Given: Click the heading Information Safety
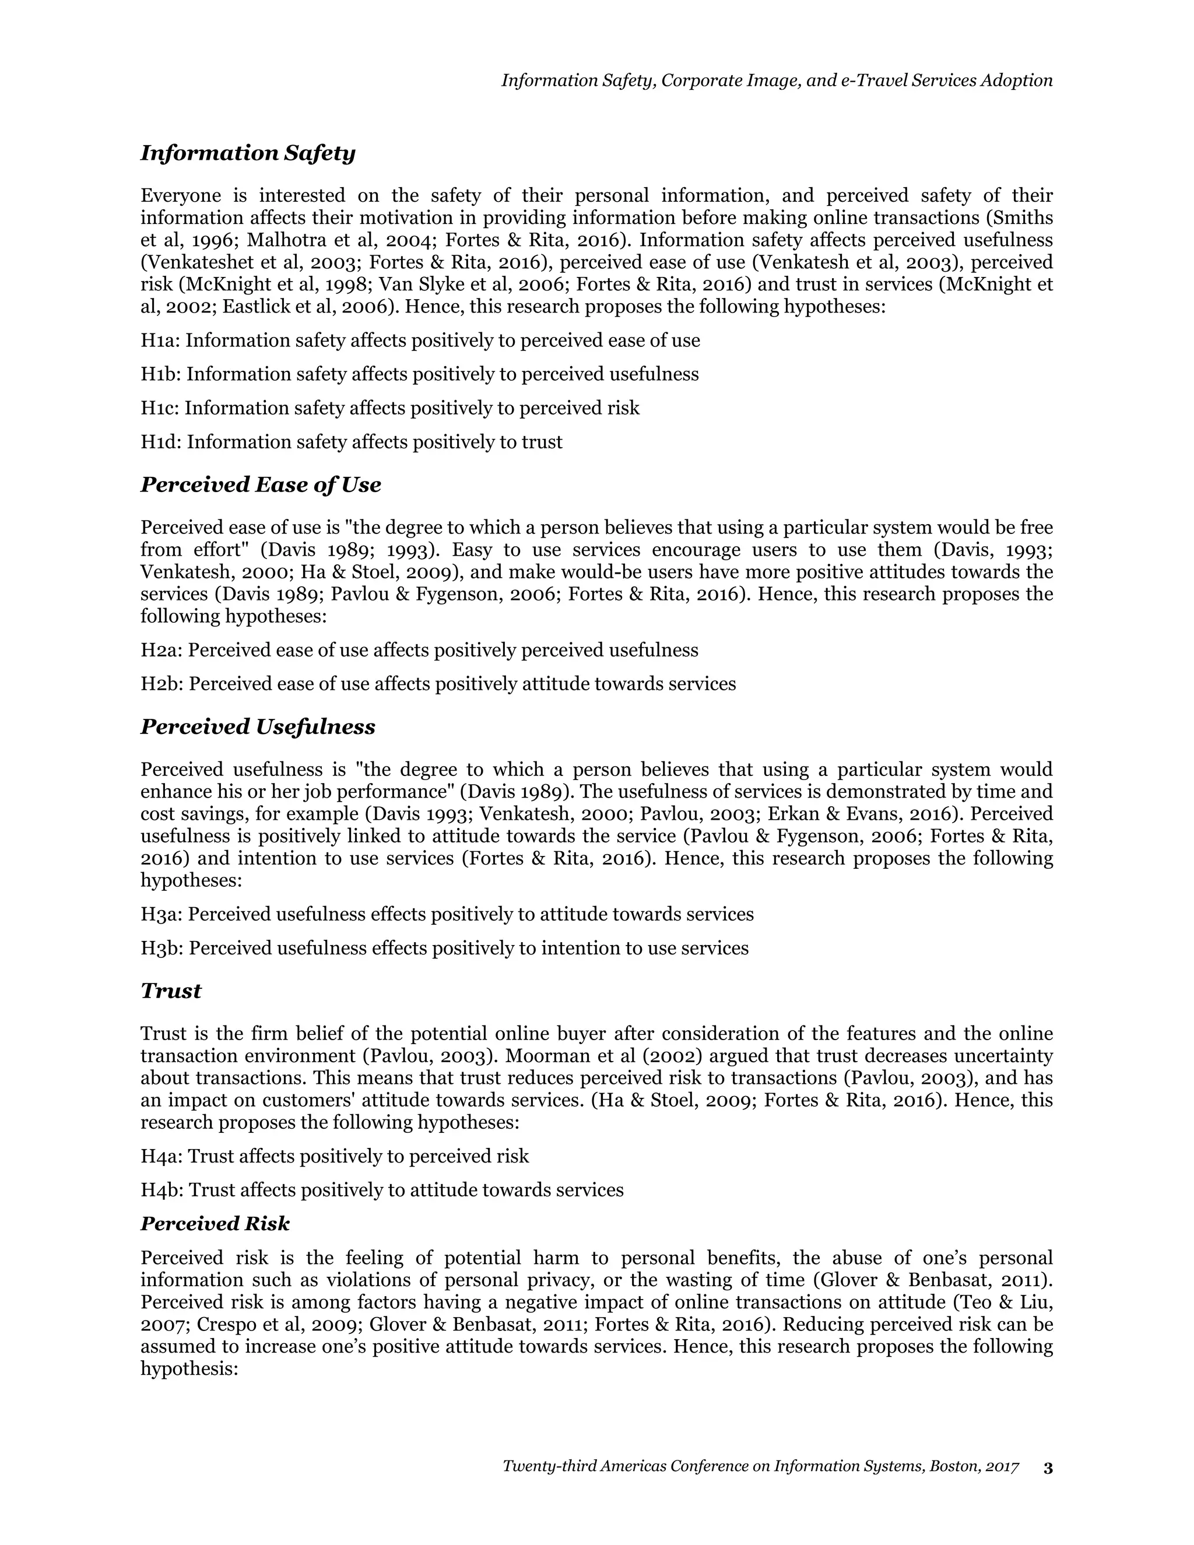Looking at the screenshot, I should pos(248,153).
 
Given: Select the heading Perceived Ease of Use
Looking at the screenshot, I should pos(260,484).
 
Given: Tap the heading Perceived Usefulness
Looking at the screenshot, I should pos(258,726).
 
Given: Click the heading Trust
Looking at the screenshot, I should pos(170,991).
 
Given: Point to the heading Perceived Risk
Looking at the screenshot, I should pos(215,1223).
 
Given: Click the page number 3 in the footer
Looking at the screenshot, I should pos(1048,1468).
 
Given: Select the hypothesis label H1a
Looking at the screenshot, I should pos(160,341).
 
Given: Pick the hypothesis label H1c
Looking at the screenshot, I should pos(159,408).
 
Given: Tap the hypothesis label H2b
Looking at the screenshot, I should pos(161,684).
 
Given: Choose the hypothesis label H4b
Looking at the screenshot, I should pos(161,1190).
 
